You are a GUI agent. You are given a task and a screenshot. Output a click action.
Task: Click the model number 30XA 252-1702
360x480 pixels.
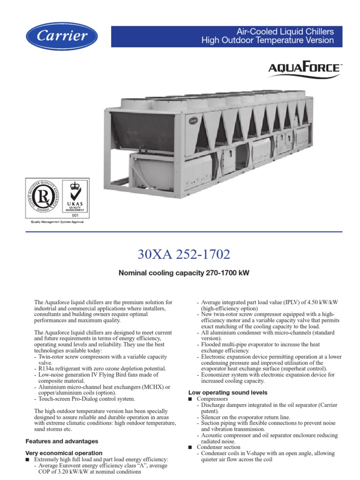pos(184,255)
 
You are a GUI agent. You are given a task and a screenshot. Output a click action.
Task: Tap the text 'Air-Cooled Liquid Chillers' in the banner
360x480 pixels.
pos(285,32)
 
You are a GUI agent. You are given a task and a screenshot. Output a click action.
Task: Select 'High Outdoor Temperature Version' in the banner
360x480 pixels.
pos(268,40)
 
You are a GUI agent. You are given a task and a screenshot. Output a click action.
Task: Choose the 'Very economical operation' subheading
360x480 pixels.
pos(64,453)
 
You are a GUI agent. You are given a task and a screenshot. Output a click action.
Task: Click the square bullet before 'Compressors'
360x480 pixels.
pos(190,399)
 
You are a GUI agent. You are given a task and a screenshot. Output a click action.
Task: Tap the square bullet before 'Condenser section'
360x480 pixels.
pos(190,448)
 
